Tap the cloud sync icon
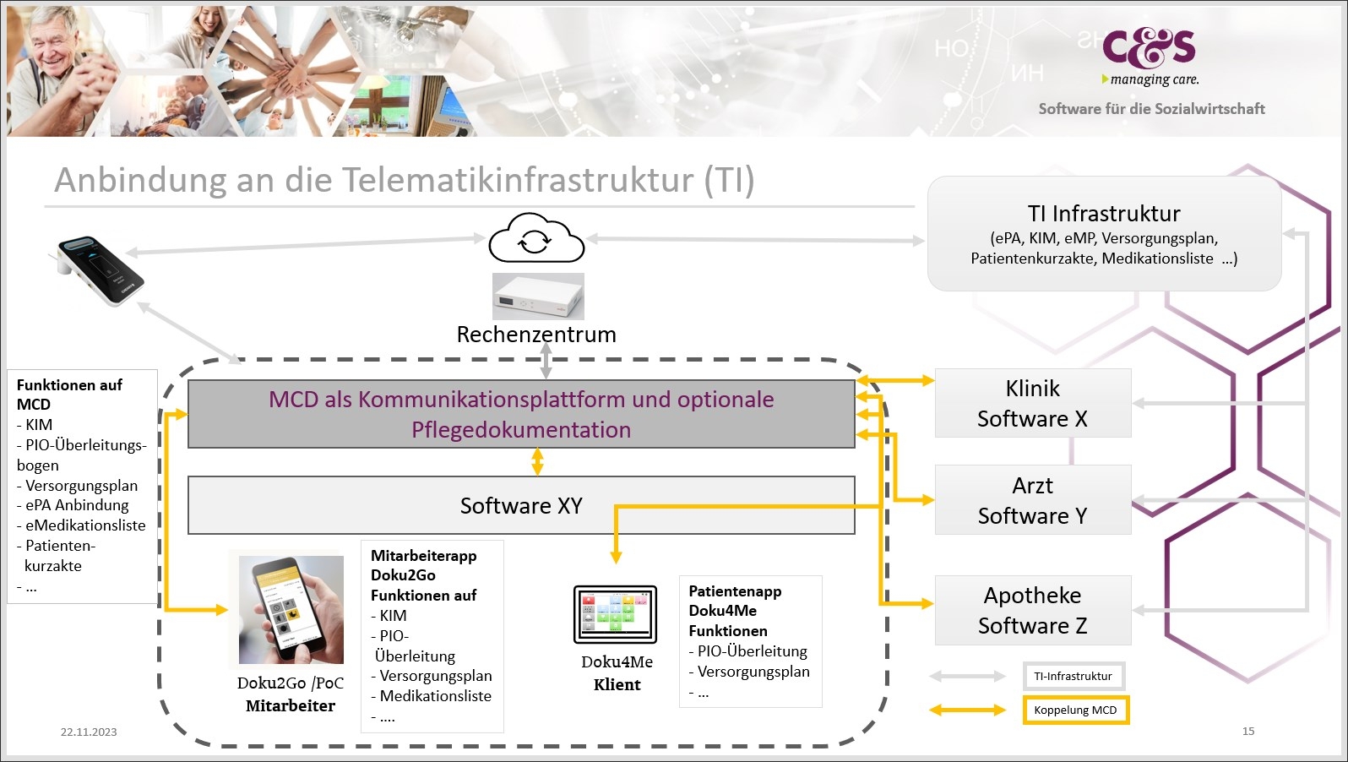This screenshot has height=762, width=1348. coord(536,240)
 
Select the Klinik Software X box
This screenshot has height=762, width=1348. coord(1032,404)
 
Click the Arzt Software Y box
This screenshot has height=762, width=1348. coord(1032,500)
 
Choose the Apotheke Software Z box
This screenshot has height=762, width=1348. coord(1032,611)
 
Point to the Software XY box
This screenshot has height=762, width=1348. coord(521,506)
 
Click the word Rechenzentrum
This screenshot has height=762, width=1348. coord(536,335)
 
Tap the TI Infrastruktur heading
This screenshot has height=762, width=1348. coord(1104,214)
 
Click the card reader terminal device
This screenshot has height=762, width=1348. coord(100,269)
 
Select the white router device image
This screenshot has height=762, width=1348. coord(538,297)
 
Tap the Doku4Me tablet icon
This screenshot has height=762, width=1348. coord(615,614)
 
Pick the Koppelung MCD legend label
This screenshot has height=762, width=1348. coord(1075,710)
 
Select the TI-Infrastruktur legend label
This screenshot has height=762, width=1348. coord(1073,676)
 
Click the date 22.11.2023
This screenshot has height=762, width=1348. coord(89,732)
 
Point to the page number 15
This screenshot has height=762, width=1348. coord(1248,732)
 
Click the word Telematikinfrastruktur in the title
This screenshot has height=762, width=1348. coord(519,180)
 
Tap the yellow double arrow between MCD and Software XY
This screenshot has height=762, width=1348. coord(537,461)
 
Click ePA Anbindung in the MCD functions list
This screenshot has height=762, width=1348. coord(77,505)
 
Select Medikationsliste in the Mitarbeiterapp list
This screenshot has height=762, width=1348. coord(435,696)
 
